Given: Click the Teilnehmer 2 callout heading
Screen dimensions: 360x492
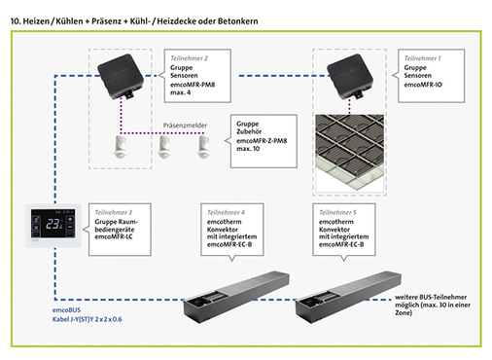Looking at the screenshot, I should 188,58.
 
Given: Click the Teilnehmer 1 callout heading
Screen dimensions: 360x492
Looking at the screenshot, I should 421,58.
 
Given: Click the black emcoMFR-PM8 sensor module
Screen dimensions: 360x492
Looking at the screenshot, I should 123,74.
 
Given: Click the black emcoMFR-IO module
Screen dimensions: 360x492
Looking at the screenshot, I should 352,74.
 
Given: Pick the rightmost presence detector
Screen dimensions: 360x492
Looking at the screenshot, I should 204,146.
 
